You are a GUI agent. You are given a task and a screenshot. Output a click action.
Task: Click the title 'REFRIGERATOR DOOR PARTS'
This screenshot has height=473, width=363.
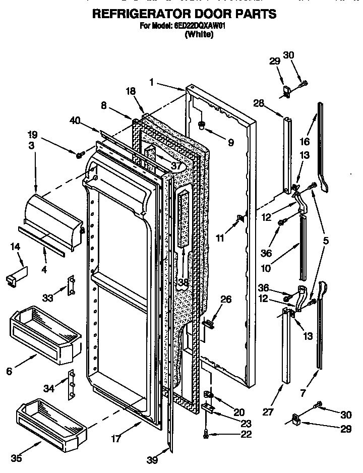(185, 14)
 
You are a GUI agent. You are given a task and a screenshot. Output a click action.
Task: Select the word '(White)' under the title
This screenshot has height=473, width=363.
(199, 34)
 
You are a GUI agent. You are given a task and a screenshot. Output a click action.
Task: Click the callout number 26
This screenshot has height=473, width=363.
(226, 300)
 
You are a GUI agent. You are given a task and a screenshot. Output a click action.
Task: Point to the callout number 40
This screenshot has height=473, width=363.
(75, 120)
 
